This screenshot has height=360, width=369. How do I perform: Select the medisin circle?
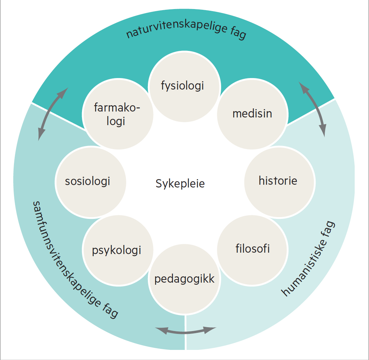coord(253,114)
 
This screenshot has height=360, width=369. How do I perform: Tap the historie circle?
coord(278,181)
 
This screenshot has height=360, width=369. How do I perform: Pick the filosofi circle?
coord(253,249)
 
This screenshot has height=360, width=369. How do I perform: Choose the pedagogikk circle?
coord(184,279)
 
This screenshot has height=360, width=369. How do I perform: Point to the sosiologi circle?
coord(90,181)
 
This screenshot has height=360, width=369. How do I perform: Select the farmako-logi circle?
coord(118,114)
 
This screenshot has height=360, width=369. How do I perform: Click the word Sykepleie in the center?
coord(180,183)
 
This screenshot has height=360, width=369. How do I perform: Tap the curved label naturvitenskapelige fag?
coord(186,32)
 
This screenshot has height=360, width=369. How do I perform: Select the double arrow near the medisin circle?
coord(314,109)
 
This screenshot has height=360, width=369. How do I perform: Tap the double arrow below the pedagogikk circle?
coord(186,331)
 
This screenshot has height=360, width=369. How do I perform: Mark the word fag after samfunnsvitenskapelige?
coord(110,310)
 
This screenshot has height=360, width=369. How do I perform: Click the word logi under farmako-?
coord(117,122)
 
